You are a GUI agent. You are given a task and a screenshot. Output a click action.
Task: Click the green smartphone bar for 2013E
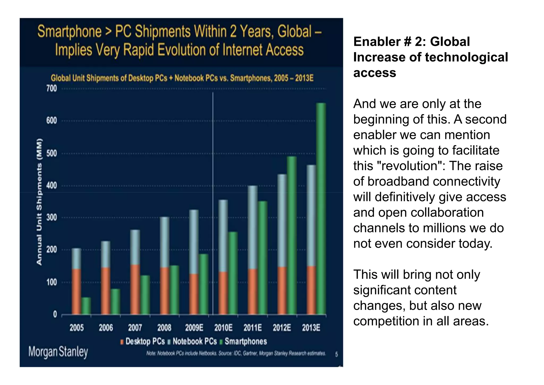click(x=321, y=209)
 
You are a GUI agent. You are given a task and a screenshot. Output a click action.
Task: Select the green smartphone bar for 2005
click(x=86, y=306)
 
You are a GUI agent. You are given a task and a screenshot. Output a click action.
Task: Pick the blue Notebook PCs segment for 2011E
click(x=252, y=227)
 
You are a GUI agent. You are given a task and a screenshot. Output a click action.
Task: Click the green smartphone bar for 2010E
click(x=233, y=273)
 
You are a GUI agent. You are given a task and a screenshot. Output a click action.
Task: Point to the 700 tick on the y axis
click(x=52, y=89)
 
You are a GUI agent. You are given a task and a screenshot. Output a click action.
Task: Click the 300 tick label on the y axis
click(x=52, y=218)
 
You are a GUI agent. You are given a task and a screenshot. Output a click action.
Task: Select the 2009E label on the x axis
click(x=194, y=328)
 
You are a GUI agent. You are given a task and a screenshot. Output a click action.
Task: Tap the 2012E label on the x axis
click(x=282, y=328)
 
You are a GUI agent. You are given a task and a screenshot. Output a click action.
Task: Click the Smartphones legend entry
click(x=245, y=341)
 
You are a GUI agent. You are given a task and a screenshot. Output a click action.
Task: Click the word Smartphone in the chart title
click(x=69, y=32)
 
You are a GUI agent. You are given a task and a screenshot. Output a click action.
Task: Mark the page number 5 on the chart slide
click(x=336, y=354)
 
